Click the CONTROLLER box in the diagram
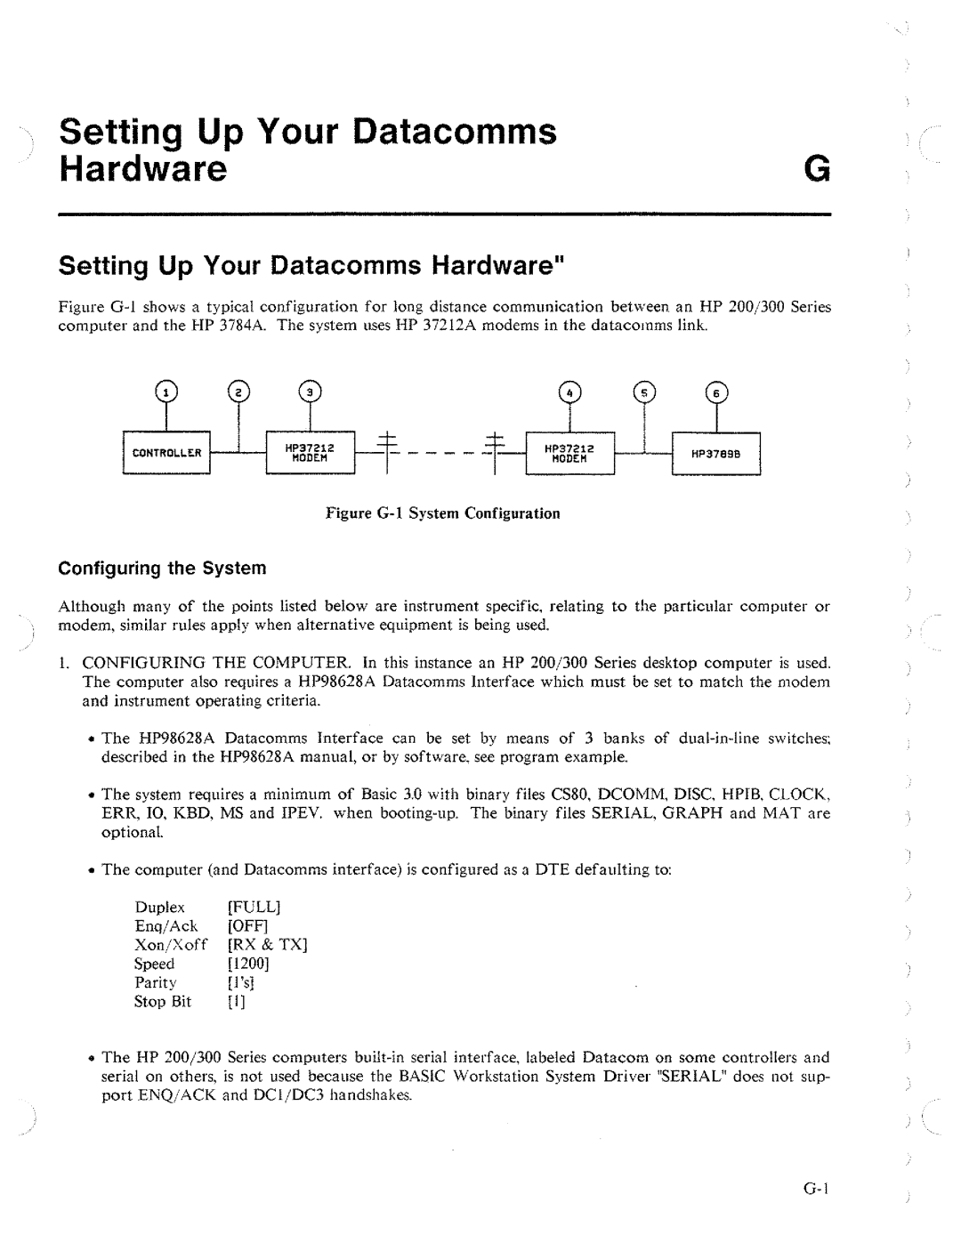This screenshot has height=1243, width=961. pyautogui.click(x=166, y=453)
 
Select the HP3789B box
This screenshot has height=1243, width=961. pyautogui.click(x=716, y=454)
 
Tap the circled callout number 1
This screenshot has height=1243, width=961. pyautogui.click(x=166, y=392)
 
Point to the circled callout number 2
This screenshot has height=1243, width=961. pyautogui.click(x=239, y=392)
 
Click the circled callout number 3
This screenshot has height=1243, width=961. pyautogui.click(x=310, y=392)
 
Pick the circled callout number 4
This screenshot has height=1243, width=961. pyautogui.click(x=569, y=393)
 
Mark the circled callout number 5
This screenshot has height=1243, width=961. pyautogui.click(x=644, y=393)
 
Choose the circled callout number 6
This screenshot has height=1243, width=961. pyautogui.click(x=717, y=393)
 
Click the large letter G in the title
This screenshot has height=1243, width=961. pyautogui.click(x=817, y=169)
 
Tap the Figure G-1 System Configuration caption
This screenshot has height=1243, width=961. pyautogui.click(x=443, y=513)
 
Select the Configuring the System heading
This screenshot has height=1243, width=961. pyautogui.click(x=163, y=568)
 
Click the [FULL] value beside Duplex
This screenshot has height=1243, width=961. pyautogui.click(x=254, y=908)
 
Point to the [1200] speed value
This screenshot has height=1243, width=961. pyautogui.click(x=248, y=964)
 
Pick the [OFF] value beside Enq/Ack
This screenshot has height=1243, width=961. pyautogui.click(x=247, y=926)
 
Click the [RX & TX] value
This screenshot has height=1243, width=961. pyautogui.click(x=267, y=945)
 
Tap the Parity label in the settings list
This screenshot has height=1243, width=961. pyautogui.click(x=156, y=983)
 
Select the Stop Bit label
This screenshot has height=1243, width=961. pyautogui.click(x=163, y=1002)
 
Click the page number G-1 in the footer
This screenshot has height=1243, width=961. pyautogui.click(x=816, y=1190)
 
